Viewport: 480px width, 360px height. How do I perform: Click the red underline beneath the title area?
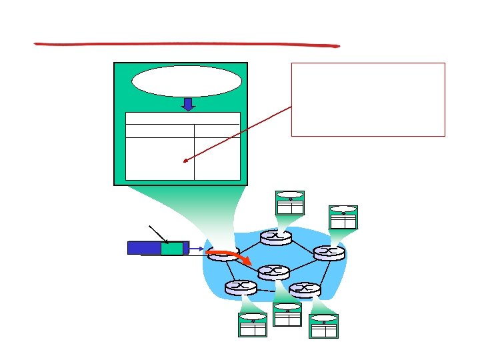pyautogui.click(x=187, y=45)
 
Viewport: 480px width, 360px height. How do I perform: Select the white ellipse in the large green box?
pyautogui.click(x=187, y=81)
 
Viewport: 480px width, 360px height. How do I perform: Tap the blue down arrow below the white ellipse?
pyautogui.click(x=188, y=104)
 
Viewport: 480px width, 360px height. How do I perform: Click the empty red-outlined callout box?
pyautogui.click(x=368, y=99)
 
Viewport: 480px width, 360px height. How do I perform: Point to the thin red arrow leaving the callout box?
pyautogui.click(x=240, y=133)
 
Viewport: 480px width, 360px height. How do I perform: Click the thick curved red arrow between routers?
pyautogui.click(x=230, y=254)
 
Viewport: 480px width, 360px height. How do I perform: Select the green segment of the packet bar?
pyautogui.click(x=171, y=248)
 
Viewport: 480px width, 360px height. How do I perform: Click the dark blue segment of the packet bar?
pyautogui.click(x=144, y=248)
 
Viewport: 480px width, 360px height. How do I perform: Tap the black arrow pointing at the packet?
pyautogui.click(x=158, y=234)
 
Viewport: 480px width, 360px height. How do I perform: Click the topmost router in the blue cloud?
pyautogui.click(x=275, y=237)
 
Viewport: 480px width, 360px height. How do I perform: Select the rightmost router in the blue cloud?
pyautogui.click(x=329, y=253)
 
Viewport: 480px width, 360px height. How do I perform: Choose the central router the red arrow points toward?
pyautogui.click(x=273, y=272)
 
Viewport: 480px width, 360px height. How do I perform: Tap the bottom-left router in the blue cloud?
pyautogui.click(x=240, y=287)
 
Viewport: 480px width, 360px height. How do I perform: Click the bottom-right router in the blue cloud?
pyautogui.click(x=305, y=289)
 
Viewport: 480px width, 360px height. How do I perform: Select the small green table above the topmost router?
pyautogui.click(x=290, y=203)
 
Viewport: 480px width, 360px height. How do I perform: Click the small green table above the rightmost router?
pyautogui.click(x=343, y=217)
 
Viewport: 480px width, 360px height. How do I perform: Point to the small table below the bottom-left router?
pyautogui.click(x=253, y=325)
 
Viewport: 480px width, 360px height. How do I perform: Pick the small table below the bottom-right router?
pyautogui.click(x=324, y=325)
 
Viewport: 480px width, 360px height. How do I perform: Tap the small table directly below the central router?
pyautogui.click(x=287, y=314)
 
